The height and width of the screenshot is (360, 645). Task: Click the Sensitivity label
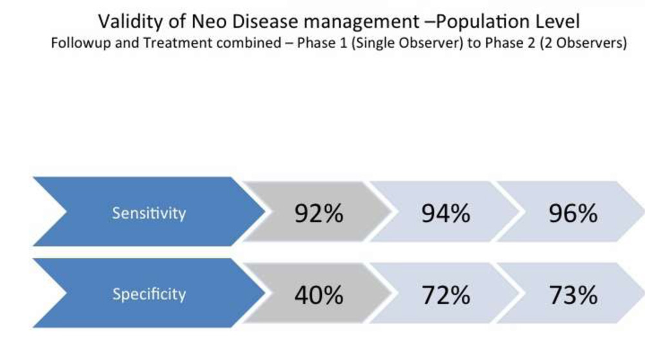(149, 213)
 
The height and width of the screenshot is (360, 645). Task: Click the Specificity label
(149, 294)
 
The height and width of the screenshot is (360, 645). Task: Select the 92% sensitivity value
(319, 213)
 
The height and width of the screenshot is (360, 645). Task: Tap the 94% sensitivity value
(446, 213)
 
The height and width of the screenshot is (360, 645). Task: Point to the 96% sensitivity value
(573, 213)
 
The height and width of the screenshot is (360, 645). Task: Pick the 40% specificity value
(319, 295)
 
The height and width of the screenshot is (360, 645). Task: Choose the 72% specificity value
(446, 295)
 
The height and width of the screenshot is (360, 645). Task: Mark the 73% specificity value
(573, 295)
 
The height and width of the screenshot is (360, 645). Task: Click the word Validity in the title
(130, 21)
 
